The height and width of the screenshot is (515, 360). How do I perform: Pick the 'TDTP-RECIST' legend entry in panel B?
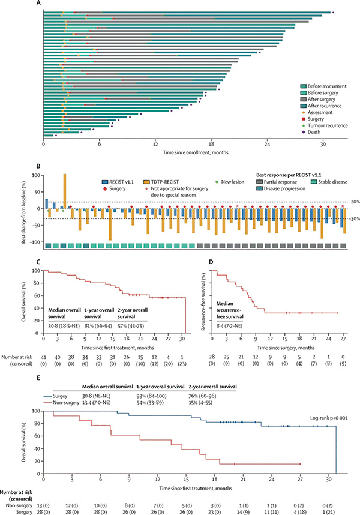(x=172, y=181)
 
